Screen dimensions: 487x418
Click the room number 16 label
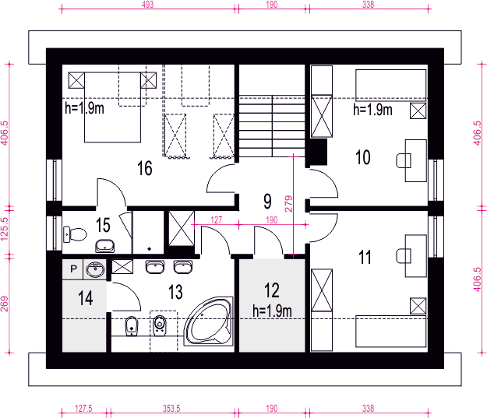(x=145, y=168)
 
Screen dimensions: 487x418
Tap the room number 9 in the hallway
(x=267, y=201)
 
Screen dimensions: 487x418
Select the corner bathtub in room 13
(x=209, y=321)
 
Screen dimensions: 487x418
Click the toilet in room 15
(x=75, y=234)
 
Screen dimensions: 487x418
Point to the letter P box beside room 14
(x=73, y=269)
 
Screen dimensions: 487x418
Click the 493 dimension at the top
(x=147, y=5)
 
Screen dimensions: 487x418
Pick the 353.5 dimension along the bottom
(x=171, y=409)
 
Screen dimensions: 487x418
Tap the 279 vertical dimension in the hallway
(x=289, y=204)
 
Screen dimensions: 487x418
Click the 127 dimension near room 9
(x=216, y=220)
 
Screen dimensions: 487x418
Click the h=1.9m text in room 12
(x=273, y=311)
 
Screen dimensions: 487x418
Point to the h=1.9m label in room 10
(x=372, y=110)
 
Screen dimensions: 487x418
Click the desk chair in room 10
(x=404, y=160)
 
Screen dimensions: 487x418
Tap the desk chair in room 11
(x=404, y=255)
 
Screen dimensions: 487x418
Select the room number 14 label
(x=86, y=298)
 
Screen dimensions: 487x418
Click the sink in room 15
(x=105, y=246)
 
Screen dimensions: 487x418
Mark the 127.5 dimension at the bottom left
(x=83, y=409)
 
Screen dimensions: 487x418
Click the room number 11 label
(x=365, y=257)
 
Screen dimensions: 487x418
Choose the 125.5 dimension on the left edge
(x=5, y=229)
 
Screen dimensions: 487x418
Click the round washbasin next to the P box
(x=95, y=269)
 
